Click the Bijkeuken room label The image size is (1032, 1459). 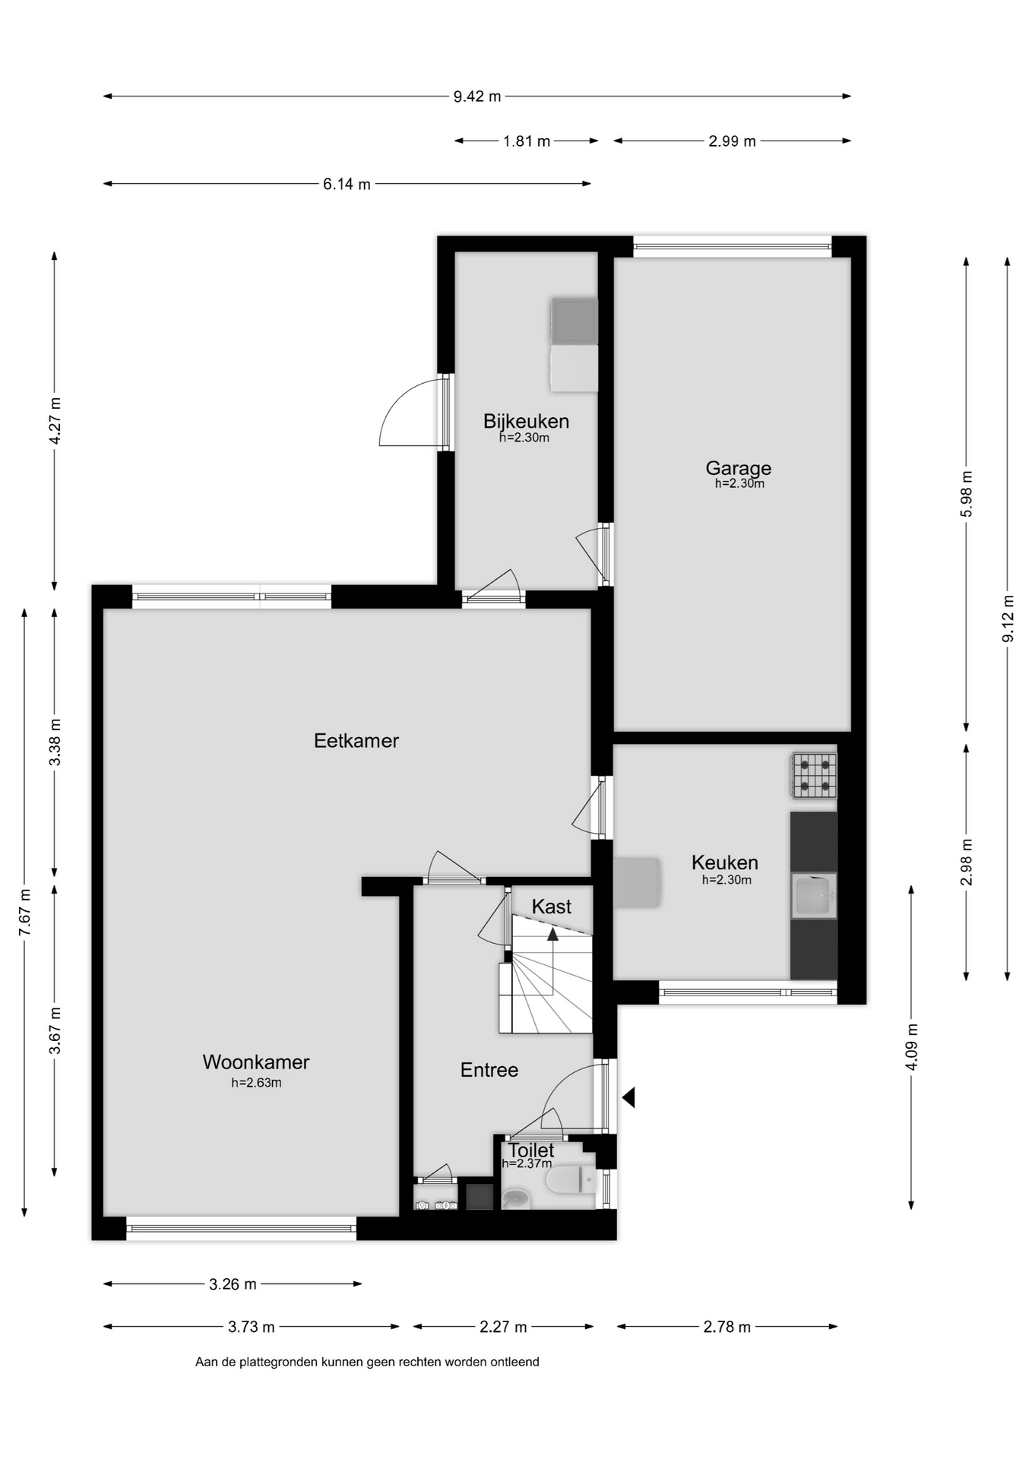pos(526,421)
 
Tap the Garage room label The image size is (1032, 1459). pos(738,468)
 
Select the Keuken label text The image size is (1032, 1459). pos(725,862)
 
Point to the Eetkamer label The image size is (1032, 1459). pos(356,740)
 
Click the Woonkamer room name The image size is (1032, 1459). pos(256,1062)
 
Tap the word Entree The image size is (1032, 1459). pos(489,1070)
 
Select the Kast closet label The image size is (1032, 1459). pos(552,907)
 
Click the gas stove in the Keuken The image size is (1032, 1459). pos(814,776)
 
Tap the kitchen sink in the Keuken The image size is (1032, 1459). pos(814,896)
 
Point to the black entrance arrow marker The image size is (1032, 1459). pos(628,1097)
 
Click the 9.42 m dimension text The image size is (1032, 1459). pos(477,97)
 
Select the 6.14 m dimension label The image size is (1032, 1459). pos(347,184)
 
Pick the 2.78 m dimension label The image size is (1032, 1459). pos(727,1327)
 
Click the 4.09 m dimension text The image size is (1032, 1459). pos(912,1046)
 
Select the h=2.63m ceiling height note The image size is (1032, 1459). pos(256,1083)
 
